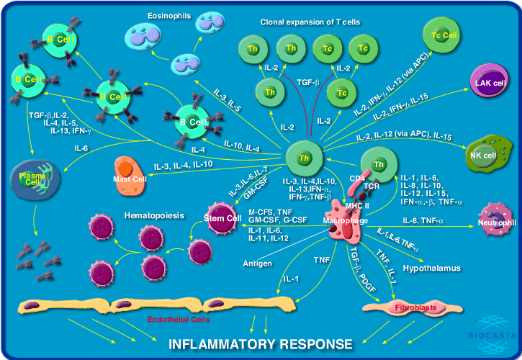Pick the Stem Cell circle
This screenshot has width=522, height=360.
click(223, 219)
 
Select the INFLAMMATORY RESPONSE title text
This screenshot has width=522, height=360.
click(261, 344)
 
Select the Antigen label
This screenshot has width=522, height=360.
click(257, 264)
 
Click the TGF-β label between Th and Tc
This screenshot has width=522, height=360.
click(309, 84)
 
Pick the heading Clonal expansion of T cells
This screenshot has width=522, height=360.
click(310, 22)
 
